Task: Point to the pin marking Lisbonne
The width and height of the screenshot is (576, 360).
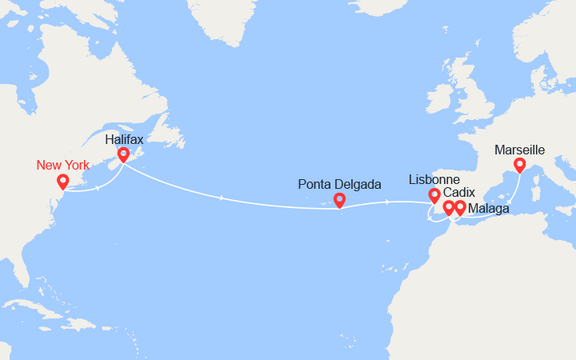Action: tap(434, 194)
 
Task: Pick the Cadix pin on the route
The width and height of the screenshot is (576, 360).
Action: tap(449, 206)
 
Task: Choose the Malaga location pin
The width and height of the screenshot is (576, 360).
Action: tap(460, 206)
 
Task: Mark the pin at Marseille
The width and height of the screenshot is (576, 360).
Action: tap(519, 164)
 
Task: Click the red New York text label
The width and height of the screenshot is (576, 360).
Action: tap(64, 165)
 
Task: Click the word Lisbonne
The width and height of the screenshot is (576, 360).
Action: tap(434, 178)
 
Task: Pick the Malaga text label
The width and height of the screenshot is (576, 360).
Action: tap(487, 209)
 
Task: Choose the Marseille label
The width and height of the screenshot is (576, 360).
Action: tap(520, 150)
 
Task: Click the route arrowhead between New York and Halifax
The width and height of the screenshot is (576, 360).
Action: tap(98, 188)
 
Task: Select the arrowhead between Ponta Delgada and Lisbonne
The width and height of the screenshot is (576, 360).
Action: tap(387, 202)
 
